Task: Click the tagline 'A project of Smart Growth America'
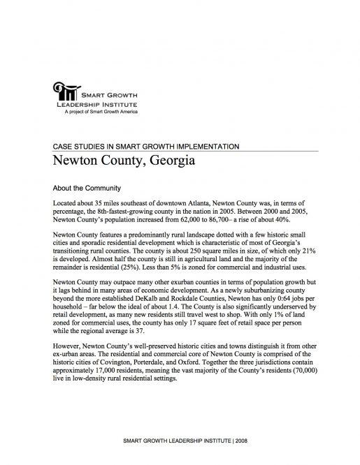click(101, 111)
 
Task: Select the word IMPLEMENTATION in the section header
click(208, 147)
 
